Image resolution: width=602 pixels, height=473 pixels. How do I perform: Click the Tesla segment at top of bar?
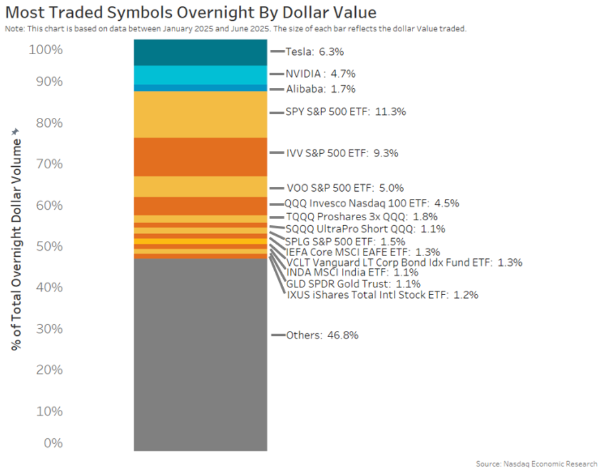tap(200, 53)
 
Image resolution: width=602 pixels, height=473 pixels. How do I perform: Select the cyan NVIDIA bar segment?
tap(200, 75)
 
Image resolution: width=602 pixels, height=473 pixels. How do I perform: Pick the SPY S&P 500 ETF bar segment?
tap(200, 114)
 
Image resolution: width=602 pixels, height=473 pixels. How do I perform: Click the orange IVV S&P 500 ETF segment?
tap(200, 157)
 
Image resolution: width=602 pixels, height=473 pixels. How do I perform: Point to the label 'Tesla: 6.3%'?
tap(314, 51)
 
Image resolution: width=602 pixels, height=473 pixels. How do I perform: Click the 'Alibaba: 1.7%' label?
tap(321, 89)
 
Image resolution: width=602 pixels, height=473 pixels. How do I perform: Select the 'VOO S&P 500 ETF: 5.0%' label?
tap(345, 188)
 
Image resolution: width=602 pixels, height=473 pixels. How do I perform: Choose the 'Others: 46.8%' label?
tap(322, 335)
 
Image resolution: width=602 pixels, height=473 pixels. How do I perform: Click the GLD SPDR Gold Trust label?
tap(353, 284)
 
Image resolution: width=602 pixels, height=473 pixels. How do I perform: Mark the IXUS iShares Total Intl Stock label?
tap(382, 295)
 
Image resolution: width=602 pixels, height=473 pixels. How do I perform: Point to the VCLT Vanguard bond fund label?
tap(404, 262)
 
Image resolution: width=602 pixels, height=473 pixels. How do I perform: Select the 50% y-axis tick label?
tap(49, 247)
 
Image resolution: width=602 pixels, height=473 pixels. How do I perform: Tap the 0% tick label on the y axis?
tap(53, 443)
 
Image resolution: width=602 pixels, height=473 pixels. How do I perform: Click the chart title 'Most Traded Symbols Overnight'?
tap(190, 13)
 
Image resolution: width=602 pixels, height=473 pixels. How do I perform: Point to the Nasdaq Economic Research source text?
tap(536, 464)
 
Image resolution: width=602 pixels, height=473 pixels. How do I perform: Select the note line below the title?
tap(235, 29)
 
